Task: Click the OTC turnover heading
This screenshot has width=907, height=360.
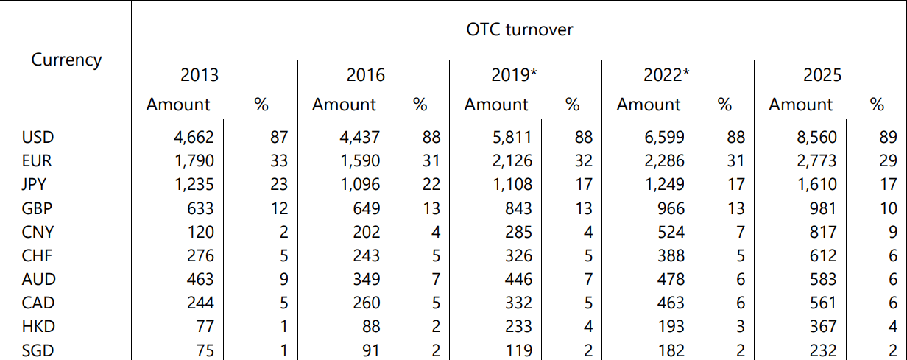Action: pyautogui.click(x=519, y=30)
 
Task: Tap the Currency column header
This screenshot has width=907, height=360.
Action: pyautogui.click(x=66, y=60)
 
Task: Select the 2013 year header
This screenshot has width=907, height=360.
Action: pyautogui.click(x=200, y=75)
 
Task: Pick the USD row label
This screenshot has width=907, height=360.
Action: pyautogui.click(x=38, y=137)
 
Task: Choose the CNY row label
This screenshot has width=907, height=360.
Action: pyautogui.click(x=38, y=232)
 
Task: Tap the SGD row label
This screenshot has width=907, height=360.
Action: pyautogui.click(x=38, y=350)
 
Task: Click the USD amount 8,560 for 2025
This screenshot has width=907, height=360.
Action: pyautogui.click(x=816, y=137)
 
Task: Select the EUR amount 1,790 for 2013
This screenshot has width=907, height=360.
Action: pyautogui.click(x=193, y=160)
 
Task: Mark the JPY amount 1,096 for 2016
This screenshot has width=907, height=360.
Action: pyautogui.click(x=359, y=185)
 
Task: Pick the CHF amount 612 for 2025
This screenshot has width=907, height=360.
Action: pyautogui.click(x=822, y=255)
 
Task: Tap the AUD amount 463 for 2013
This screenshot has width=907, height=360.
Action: pyautogui.click(x=200, y=279)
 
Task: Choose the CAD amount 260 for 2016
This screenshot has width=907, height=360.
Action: pyautogui.click(x=366, y=303)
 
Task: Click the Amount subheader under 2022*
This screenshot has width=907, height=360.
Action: pyautogui.click(x=649, y=105)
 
